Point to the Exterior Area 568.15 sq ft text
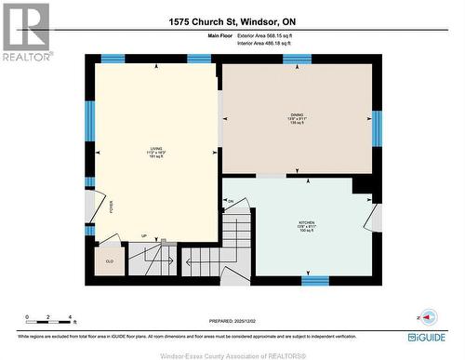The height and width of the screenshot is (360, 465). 265,35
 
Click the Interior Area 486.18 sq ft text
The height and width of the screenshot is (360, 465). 265,43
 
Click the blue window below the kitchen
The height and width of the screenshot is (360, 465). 314,279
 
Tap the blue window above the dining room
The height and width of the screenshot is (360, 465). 297,59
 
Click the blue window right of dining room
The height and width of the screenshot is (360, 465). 377,127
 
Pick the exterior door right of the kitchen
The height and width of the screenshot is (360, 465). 374,217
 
